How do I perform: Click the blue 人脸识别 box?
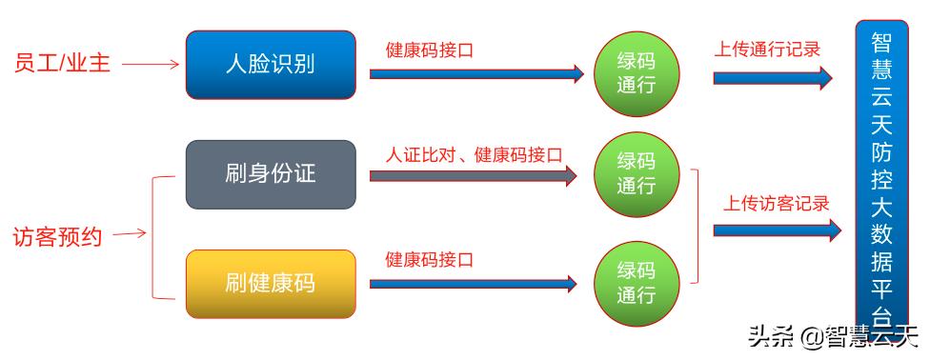[271, 65]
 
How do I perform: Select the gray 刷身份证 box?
[271, 174]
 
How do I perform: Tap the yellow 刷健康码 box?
[271, 283]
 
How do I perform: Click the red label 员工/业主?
[62, 64]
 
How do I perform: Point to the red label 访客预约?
[56, 234]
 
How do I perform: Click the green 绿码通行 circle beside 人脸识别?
[637, 74]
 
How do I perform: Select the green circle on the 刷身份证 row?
[637, 173]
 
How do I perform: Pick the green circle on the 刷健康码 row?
[637, 283]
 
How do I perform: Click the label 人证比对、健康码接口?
[474, 153]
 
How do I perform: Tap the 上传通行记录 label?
[767, 49]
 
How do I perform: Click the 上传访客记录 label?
[775, 203]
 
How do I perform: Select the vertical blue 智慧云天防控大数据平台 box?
[881, 176]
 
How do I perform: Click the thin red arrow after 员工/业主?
[151, 65]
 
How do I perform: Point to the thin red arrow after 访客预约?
[130, 234]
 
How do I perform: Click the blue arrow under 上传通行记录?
[772, 77]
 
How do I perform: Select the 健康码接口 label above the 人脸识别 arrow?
[430, 49]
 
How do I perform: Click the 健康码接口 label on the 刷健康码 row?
[430, 259]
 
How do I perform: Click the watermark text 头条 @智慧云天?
[832, 336]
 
